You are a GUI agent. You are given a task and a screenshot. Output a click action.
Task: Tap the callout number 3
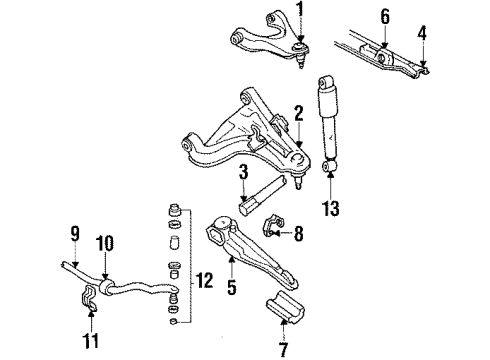[243, 176]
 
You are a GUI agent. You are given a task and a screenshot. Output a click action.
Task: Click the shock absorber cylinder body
[327, 115]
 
